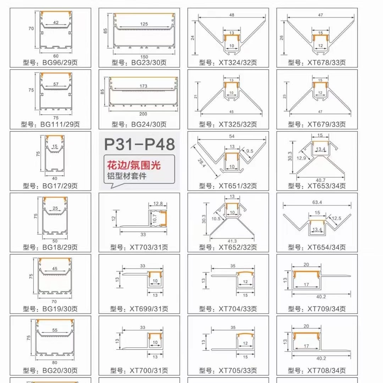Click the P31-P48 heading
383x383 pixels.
pyautogui.click(x=139, y=144)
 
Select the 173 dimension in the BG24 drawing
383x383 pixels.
pyautogui.click(x=143, y=86)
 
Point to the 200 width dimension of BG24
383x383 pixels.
pyautogui.click(x=143, y=114)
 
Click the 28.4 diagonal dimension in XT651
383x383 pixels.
pyautogui.click(x=201, y=163)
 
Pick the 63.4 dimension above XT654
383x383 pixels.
pyautogui.click(x=317, y=202)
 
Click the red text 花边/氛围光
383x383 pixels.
pyautogui.click(x=134, y=165)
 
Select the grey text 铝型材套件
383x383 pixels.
pyautogui.click(x=127, y=176)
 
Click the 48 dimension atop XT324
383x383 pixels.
pyautogui.click(x=232, y=15)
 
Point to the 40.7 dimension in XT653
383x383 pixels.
pyautogui.click(x=321, y=180)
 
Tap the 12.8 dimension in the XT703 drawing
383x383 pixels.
pyautogui.click(x=158, y=204)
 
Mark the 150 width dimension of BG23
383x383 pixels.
pyautogui.click(x=144, y=57)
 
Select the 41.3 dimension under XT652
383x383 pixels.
pyautogui.click(x=232, y=241)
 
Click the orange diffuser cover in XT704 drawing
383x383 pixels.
pyautogui.click(x=245, y=273)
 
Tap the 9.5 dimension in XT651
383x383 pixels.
pyautogui.click(x=250, y=151)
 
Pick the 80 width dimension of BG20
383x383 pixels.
pyautogui.click(x=55, y=362)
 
